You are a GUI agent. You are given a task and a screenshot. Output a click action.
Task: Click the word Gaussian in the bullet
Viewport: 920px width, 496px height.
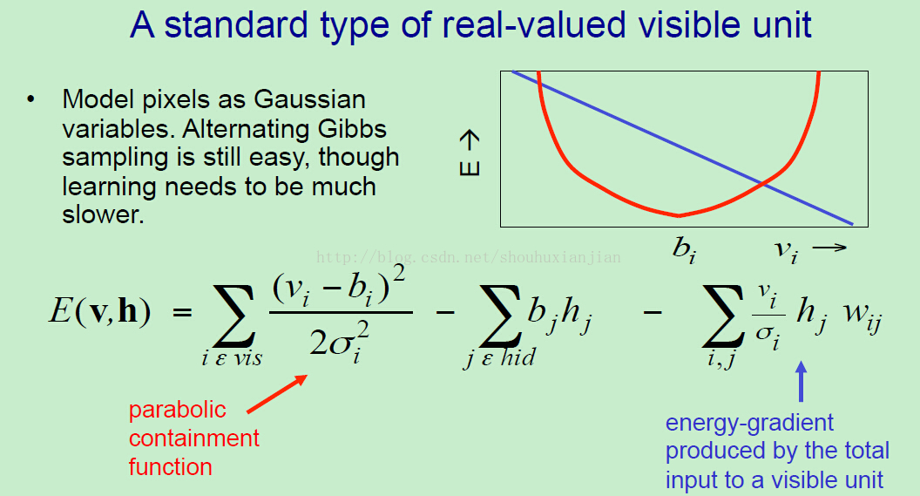[x=309, y=99]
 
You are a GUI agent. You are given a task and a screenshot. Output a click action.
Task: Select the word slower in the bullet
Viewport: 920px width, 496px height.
[x=103, y=214]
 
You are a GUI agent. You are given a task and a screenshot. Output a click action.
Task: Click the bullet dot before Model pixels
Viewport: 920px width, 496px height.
[x=30, y=99]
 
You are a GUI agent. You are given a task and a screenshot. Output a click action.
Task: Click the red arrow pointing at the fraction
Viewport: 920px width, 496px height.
[x=277, y=394]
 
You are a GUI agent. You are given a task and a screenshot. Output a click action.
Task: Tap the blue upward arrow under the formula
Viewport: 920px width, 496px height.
[x=801, y=382]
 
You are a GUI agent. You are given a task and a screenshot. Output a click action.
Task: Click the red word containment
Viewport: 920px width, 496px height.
[x=194, y=438]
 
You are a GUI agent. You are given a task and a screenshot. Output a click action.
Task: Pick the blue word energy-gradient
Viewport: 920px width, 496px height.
[x=749, y=424]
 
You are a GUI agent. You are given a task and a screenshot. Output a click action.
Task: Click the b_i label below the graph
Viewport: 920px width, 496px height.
[x=684, y=249]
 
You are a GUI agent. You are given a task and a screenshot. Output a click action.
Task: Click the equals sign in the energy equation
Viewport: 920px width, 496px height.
[x=182, y=312]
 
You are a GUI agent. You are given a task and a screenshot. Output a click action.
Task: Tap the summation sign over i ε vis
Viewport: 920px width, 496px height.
[x=234, y=316]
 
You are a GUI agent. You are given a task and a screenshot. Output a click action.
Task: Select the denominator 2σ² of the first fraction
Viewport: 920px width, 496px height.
[x=340, y=342]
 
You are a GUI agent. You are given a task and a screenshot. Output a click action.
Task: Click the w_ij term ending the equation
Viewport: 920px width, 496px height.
[x=863, y=317]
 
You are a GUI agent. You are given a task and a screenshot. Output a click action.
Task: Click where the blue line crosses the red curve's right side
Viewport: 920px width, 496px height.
[x=764, y=184]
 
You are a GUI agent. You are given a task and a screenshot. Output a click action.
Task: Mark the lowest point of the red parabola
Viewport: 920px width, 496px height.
[x=679, y=216]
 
